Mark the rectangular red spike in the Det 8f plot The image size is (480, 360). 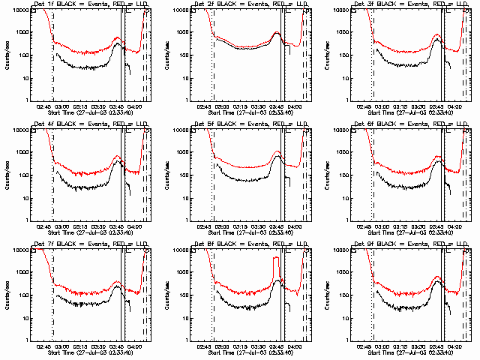[x=276, y=268]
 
